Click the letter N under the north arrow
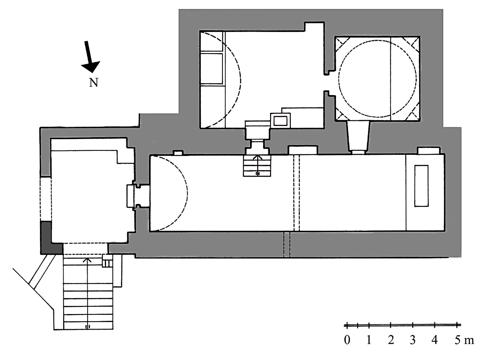pos(94,83)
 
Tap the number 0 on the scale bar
pos(347,340)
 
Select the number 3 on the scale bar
pos(412,340)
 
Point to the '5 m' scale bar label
pos(464,340)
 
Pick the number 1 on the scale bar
pos(369,340)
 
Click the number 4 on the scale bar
pos(434,340)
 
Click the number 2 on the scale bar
pos(391,340)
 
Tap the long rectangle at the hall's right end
pos(421,186)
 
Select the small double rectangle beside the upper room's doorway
pos(280,120)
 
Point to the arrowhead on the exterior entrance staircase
pos(88,260)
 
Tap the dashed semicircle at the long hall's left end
pos(188,193)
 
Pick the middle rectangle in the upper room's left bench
pos(212,68)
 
